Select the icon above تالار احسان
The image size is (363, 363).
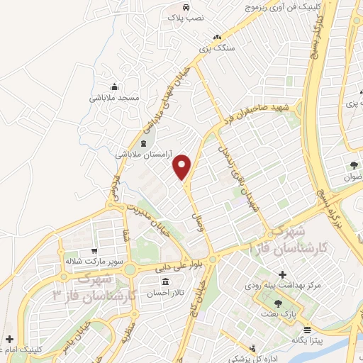[x=164, y=281]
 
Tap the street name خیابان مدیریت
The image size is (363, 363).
[x=150, y=217]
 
